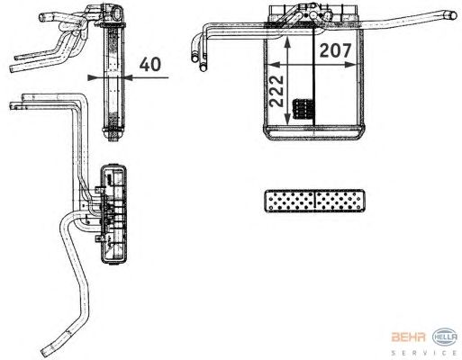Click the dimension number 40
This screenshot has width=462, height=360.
click(x=150, y=64)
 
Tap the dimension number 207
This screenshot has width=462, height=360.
click(x=335, y=50)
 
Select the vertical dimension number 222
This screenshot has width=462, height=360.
click(x=276, y=91)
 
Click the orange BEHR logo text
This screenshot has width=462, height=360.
click(x=408, y=337)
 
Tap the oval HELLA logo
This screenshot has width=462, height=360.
click(x=445, y=337)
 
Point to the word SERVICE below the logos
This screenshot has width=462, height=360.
click(x=424, y=353)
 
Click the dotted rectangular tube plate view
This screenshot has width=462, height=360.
click(x=314, y=201)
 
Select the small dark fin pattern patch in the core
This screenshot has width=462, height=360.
click(x=303, y=109)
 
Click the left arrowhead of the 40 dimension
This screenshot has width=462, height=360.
click(x=93, y=77)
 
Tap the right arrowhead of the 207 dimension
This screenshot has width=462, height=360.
click(x=350, y=65)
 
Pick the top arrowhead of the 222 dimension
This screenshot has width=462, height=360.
click(x=287, y=42)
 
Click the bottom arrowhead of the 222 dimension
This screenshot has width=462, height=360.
click(x=287, y=119)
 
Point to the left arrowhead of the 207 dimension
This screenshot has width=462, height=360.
click(x=272, y=65)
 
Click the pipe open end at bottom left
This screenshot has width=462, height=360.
click(x=44, y=352)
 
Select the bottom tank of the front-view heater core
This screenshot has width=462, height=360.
click(x=313, y=132)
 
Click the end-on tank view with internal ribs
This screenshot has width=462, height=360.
click(x=113, y=214)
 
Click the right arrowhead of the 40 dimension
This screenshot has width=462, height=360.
click(x=129, y=77)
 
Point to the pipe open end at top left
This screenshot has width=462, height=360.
click(x=42, y=17)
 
